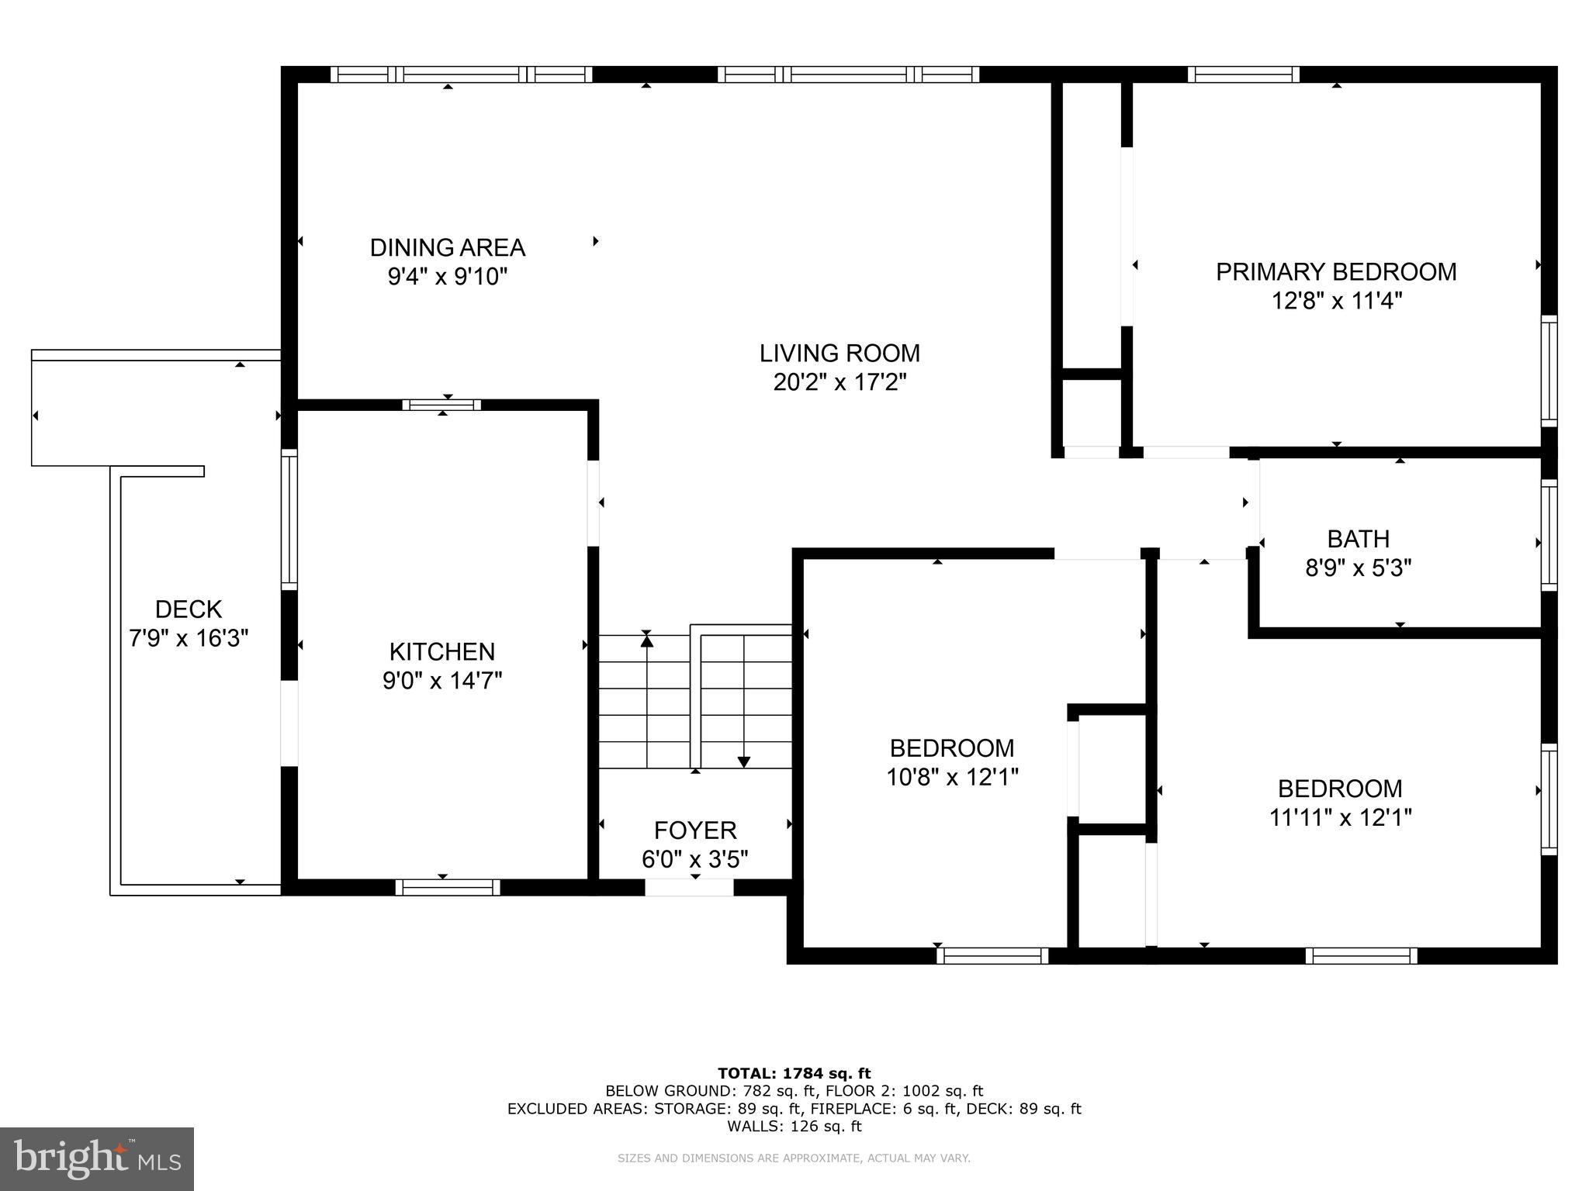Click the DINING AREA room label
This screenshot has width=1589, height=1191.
click(x=448, y=247)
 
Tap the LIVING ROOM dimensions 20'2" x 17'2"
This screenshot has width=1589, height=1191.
click(x=840, y=382)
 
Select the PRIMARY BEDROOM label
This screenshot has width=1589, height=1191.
click(x=1335, y=272)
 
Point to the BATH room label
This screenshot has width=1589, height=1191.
click(x=1358, y=539)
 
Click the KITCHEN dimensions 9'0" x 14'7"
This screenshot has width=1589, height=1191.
click(x=442, y=681)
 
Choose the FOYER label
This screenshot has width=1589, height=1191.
click(x=695, y=830)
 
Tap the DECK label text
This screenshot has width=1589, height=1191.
click(x=189, y=609)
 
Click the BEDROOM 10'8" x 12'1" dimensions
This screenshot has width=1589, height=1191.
click(x=952, y=777)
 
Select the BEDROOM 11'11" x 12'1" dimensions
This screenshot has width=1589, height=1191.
click(x=1340, y=817)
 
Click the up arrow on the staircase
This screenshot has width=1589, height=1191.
click(x=647, y=640)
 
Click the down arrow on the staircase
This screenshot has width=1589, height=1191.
click(x=744, y=761)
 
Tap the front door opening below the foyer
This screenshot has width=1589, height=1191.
click(x=689, y=887)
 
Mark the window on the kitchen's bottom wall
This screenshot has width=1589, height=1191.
click(x=448, y=887)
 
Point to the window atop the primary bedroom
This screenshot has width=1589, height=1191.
click(x=1243, y=74)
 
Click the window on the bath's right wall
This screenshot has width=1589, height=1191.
click(x=1549, y=535)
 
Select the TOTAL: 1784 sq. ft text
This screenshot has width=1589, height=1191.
click(x=794, y=1073)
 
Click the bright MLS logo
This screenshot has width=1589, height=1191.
click(x=97, y=1159)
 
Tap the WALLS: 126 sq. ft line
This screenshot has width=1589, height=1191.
click(x=794, y=1127)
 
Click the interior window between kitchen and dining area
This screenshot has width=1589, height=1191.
click(x=441, y=405)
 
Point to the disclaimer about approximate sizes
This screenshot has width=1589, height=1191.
click(x=794, y=1158)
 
